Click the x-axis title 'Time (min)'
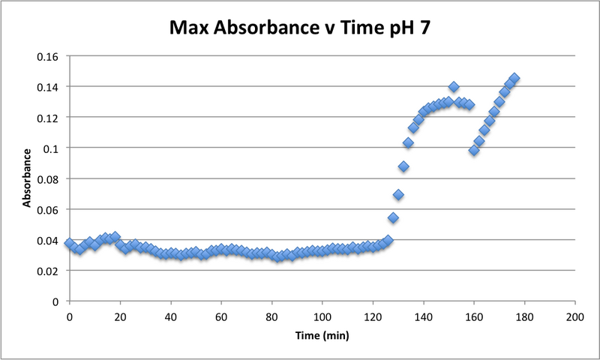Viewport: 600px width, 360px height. [x=322, y=336]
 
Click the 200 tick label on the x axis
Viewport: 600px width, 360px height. [x=574, y=316]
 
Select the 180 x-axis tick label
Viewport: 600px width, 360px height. [x=524, y=316]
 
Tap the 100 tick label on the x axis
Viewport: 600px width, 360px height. [x=322, y=316]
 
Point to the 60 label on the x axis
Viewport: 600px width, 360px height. [x=220, y=316]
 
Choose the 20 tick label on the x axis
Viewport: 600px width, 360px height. [x=119, y=316]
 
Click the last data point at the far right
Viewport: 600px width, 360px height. [x=514, y=79]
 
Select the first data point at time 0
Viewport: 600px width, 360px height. [x=69, y=244]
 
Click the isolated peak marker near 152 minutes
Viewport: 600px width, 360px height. [x=454, y=87]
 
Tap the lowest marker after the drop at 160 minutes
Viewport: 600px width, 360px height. [x=474, y=150]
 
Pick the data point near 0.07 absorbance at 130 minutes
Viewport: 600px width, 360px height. [x=398, y=195]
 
